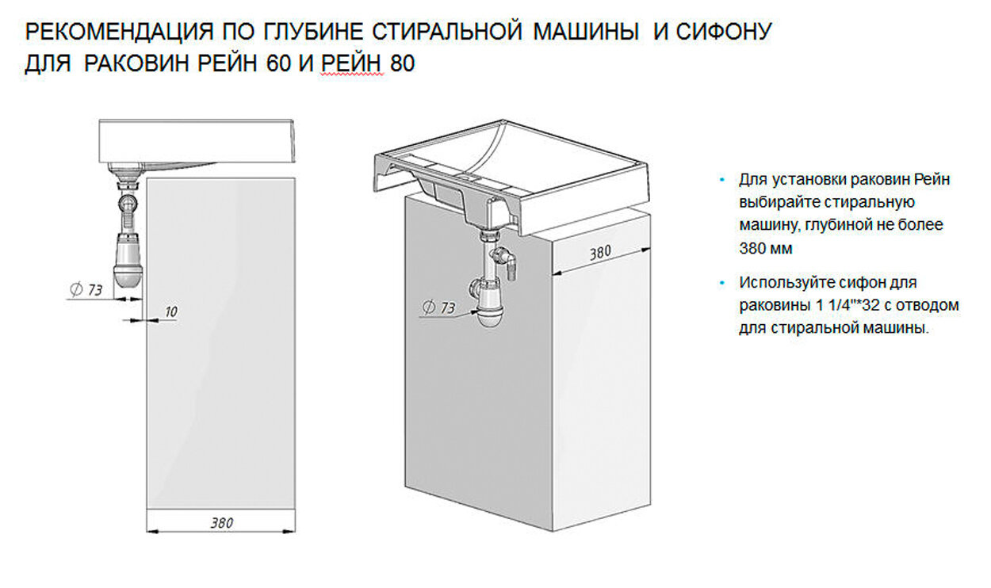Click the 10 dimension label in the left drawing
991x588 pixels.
(x=170, y=311)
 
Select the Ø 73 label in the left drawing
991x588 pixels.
(x=87, y=290)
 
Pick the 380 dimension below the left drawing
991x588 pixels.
(x=221, y=523)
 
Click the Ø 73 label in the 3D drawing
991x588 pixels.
(x=439, y=307)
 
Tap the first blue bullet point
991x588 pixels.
(x=722, y=180)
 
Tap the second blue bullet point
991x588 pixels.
(x=722, y=283)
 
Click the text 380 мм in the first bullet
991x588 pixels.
(x=766, y=248)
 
